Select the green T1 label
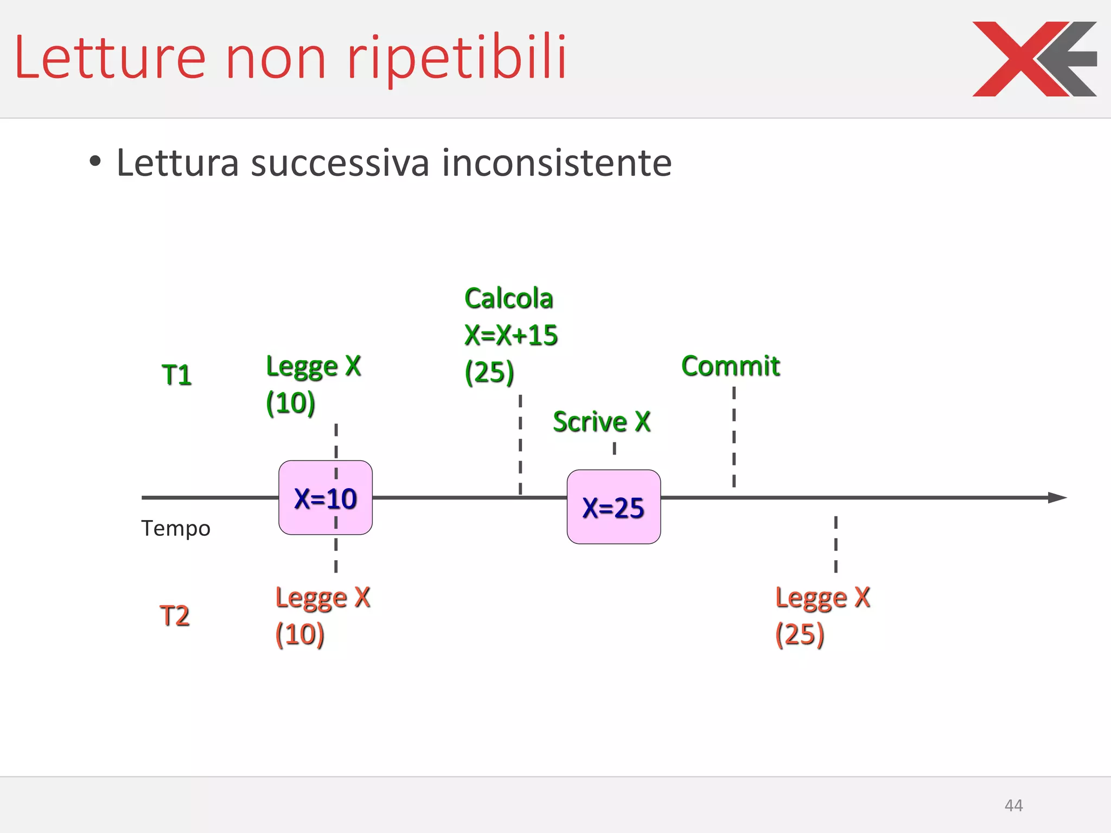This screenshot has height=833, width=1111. pyautogui.click(x=177, y=375)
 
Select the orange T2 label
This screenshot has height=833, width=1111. pyautogui.click(x=175, y=616)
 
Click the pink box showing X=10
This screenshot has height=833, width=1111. pyautogui.click(x=325, y=498)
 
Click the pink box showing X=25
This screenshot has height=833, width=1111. pyautogui.click(x=614, y=507)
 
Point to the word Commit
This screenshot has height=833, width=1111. pyautogui.click(x=730, y=366)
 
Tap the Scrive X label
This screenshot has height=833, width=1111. pyautogui.click(x=602, y=421)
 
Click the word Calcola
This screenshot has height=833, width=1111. pyautogui.click(x=509, y=298)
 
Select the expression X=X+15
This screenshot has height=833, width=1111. pyautogui.click(x=511, y=335)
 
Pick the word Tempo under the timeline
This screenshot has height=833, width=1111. pyautogui.click(x=176, y=528)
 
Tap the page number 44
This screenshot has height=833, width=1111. pyautogui.click(x=1013, y=805)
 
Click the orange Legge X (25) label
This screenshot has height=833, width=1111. pyautogui.click(x=822, y=616)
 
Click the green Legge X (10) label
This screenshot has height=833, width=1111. pyautogui.click(x=313, y=384)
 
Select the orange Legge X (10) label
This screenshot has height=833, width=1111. pyautogui.click(x=322, y=616)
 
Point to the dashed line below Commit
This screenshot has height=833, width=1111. pyautogui.click(x=734, y=437)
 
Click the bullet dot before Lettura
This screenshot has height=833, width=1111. pyautogui.click(x=95, y=161)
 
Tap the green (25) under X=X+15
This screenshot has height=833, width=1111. pyautogui.click(x=489, y=371)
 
